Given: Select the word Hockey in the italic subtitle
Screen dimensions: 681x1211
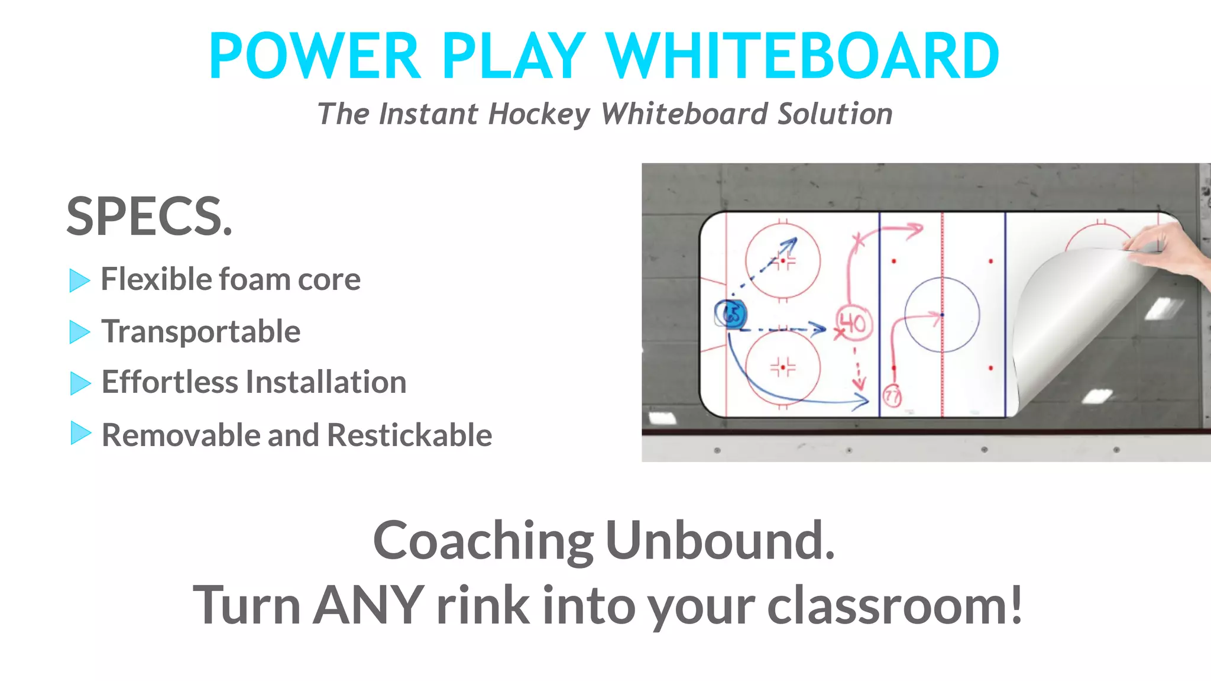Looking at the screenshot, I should pyautogui.click(x=539, y=114).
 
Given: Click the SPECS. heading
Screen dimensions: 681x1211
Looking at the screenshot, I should pyautogui.click(x=149, y=217).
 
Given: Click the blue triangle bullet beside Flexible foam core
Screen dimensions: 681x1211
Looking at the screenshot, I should pyautogui.click(x=79, y=280).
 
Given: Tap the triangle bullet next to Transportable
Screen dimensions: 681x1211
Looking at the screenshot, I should pyautogui.click(x=79, y=332).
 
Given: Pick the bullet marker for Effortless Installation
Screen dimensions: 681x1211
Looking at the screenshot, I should pyautogui.click(x=80, y=383).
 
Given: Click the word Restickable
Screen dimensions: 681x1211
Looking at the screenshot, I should pyautogui.click(x=409, y=435).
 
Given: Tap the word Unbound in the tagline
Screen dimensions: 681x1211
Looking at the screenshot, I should pyautogui.click(x=720, y=540).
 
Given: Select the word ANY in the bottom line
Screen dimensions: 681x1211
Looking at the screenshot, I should pyautogui.click(x=368, y=605).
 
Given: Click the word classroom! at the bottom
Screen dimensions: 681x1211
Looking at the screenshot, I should pyautogui.click(x=895, y=606).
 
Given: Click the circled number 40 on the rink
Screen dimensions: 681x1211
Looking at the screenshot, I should pyautogui.click(x=853, y=323).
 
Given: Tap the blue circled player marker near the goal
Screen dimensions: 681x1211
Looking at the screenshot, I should pyautogui.click(x=731, y=314).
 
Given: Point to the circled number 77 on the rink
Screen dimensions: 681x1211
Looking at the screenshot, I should pyautogui.click(x=892, y=396).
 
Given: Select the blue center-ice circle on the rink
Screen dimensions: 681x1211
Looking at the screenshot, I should pyautogui.click(x=942, y=315).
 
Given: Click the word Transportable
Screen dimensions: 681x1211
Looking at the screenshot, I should pyautogui.click(x=201, y=331).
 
